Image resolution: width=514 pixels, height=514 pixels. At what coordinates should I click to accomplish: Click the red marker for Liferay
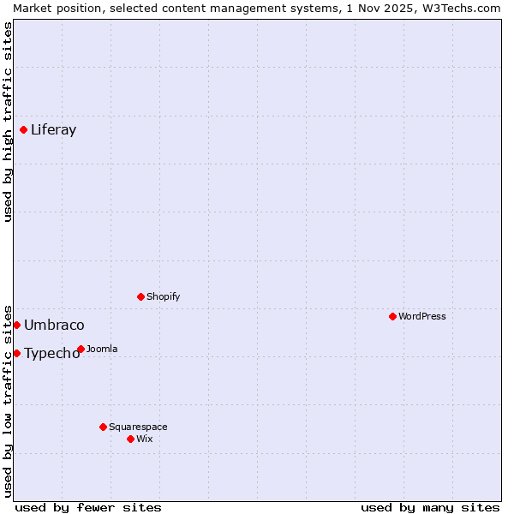[x=24, y=130]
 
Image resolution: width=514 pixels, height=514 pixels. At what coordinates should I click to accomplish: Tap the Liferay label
[x=53, y=130]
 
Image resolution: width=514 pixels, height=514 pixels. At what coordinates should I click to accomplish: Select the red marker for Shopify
[x=141, y=297]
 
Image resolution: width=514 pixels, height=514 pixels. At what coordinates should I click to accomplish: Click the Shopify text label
[x=163, y=297]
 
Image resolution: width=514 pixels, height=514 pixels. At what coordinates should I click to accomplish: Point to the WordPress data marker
[x=393, y=317]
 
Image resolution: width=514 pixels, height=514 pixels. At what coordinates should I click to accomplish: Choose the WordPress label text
[x=421, y=317]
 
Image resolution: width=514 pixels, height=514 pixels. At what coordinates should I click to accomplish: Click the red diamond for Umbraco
[x=16, y=326]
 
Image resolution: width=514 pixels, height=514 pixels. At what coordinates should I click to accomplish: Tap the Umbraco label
[x=54, y=326]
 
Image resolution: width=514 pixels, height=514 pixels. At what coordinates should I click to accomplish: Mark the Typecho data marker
[x=16, y=353]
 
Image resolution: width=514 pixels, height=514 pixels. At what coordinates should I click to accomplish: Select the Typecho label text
[x=51, y=354]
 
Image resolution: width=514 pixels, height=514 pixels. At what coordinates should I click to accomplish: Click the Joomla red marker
[x=81, y=350]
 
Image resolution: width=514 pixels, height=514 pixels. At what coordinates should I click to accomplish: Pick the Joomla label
[x=102, y=350]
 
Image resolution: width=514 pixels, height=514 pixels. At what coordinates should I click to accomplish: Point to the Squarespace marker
[x=104, y=427]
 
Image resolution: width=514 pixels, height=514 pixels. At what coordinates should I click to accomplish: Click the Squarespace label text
[x=138, y=427]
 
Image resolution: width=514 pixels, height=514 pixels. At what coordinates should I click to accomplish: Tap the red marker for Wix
[x=131, y=439]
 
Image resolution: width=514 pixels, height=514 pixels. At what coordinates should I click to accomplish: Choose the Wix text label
[x=144, y=439]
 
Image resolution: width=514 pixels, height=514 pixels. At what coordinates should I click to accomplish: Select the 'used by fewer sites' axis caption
[x=88, y=507]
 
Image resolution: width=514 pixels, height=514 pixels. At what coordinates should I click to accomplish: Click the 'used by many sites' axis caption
[x=430, y=507]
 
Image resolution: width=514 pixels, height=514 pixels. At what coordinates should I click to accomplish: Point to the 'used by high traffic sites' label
[x=8, y=122]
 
